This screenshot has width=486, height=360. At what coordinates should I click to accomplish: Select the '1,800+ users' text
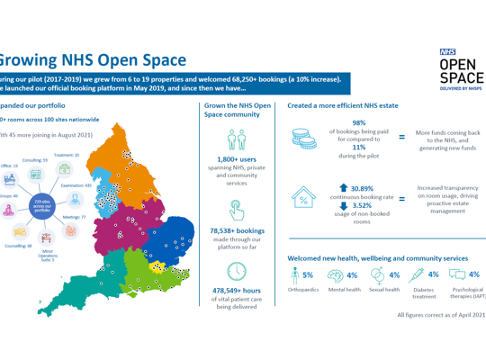click(233, 159)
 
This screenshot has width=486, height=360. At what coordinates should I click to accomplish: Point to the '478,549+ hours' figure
click(233, 291)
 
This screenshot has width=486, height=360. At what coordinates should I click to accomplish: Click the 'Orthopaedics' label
click(303, 290)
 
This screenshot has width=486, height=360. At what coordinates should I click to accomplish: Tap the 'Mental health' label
click(346, 290)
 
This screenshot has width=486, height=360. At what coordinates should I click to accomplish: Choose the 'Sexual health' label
click(385, 290)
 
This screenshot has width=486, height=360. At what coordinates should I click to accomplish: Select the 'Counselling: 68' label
click(18, 245)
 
